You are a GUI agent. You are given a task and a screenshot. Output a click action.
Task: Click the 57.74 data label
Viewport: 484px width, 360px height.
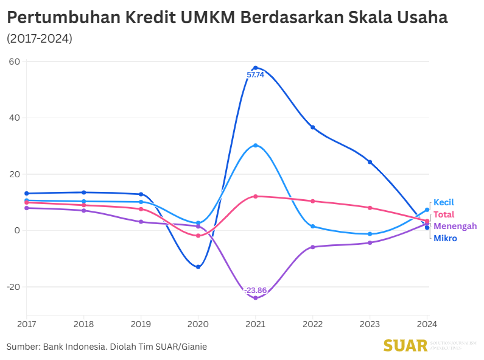[x=255, y=75]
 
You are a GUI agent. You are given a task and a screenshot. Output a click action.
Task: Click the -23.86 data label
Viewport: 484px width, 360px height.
[x=255, y=290]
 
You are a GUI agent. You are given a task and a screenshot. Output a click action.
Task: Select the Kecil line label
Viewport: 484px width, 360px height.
[x=444, y=202]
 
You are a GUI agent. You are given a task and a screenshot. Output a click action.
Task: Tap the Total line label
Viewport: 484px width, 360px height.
[x=444, y=214]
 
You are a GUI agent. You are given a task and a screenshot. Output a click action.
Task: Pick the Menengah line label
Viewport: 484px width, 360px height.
[x=455, y=226]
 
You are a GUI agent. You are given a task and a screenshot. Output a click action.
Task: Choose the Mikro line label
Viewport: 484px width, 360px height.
[x=445, y=238]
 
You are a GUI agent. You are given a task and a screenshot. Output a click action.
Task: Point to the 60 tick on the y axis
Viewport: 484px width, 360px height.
[x=15, y=62]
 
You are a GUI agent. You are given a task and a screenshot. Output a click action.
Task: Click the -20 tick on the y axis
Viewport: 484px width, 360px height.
[x=13, y=287]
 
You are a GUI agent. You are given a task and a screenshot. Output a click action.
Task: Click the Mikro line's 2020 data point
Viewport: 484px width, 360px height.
[x=198, y=267]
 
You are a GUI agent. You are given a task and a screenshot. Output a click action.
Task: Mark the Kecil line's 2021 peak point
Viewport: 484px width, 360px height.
[x=255, y=146]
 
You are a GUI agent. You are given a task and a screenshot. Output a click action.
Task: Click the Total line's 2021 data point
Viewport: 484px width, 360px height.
[x=255, y=196]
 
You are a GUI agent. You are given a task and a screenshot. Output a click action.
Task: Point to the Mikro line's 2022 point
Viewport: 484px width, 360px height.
[x=312, y=127]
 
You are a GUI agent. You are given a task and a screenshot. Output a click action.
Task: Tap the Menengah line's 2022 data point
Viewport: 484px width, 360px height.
[x=312, y=247]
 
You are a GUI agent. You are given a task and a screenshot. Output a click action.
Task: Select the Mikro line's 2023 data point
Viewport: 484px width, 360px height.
[x=370, y=162]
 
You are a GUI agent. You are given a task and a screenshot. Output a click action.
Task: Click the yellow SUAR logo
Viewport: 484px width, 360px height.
[x=405, y=345]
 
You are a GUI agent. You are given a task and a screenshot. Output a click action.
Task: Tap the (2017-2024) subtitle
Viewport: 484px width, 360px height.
[x=40, y=38]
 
